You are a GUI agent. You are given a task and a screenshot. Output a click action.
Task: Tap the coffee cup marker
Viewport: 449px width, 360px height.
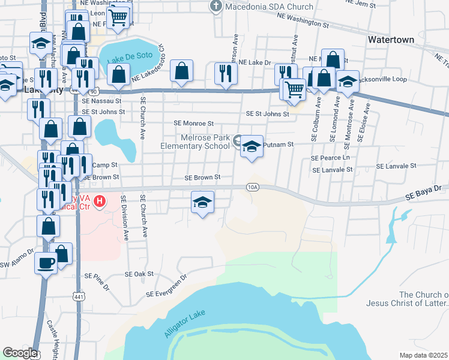click(46, 263)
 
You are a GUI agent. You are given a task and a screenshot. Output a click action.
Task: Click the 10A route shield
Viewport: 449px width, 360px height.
click(253, 187)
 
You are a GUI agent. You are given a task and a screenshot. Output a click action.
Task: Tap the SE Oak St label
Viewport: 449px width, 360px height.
click(139, 274)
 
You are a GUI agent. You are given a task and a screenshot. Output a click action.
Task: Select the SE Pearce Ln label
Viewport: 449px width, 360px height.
click(330, 157)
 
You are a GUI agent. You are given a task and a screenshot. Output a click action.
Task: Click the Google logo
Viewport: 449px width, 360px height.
click(20, 353)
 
